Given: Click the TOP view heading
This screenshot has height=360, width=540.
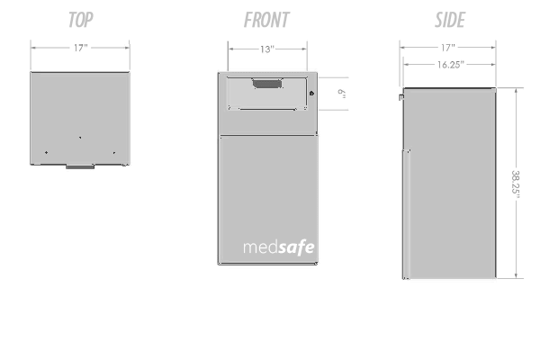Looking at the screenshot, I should tap(79, 20).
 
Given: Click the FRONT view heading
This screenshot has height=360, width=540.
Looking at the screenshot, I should tap(266, 20).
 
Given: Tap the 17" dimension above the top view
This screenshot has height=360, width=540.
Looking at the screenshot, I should tap(80, 50).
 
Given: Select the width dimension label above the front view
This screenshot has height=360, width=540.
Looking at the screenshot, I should tap(266, 50).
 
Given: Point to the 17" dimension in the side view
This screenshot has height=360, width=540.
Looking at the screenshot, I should tap(448, 47).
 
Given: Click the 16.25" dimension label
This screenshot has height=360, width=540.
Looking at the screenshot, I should tap(448, 65).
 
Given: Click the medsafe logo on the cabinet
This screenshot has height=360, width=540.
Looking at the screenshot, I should tap(278, 246).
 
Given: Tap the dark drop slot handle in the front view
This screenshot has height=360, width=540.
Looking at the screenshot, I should tap(265, 85).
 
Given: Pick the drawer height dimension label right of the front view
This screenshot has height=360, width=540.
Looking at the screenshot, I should tap(342, 93).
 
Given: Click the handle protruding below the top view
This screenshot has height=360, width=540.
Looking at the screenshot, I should tap(79, 166).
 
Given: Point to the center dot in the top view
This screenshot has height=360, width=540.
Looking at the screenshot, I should tap(79, 138).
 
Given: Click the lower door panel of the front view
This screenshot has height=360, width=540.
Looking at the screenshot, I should tap(267, 193).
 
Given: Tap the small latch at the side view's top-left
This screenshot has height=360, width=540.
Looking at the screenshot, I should tap(400, 94).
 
